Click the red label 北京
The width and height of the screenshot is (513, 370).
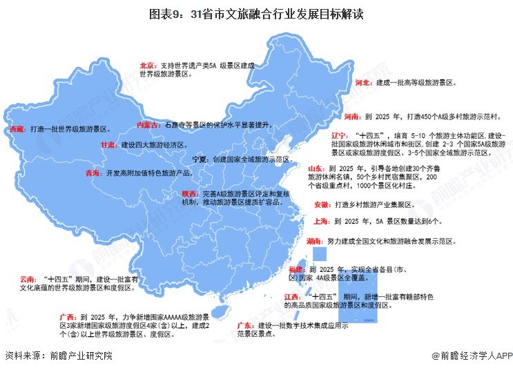coord(148,65)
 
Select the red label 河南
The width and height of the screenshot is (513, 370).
coord(352,117)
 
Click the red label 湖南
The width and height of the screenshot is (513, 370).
coord(314,241)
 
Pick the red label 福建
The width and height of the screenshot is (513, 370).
coord(298,269)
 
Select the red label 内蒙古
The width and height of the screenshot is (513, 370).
coord(146,125)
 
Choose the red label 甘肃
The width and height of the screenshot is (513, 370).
coord(108,146)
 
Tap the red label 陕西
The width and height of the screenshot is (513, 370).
coord(191,194)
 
